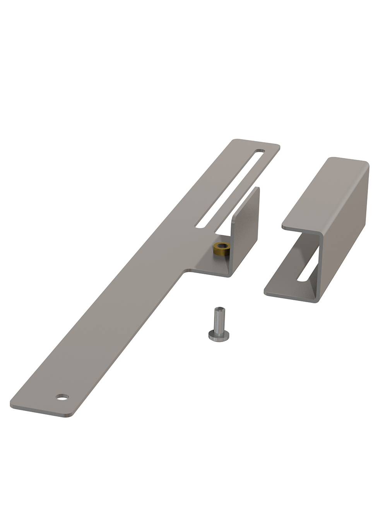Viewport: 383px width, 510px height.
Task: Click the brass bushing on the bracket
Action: point(222,249)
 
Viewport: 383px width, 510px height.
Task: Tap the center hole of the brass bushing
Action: point(222,246)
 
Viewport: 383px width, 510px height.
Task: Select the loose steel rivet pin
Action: point(219,325)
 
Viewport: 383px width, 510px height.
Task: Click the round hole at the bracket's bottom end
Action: point(62,397)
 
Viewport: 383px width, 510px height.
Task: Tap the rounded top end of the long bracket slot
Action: point(260,151)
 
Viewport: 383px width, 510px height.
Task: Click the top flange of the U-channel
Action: point(325,193)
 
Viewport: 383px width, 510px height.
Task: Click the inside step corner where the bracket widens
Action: point(185,272)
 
